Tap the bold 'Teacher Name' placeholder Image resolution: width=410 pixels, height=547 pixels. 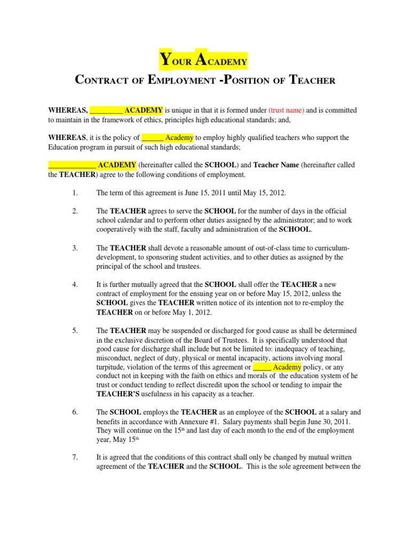[x=275, y=165]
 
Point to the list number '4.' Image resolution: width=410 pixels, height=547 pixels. [x=75, y=284]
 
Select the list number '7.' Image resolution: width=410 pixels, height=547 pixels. [x=75, y=457]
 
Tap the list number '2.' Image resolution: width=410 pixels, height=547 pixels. [x=75, y=210]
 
